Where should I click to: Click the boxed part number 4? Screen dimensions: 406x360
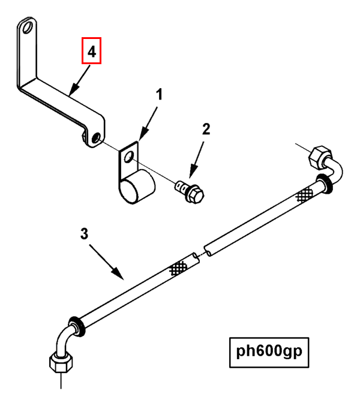click(91, 51)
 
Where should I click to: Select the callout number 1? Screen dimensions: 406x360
click(159, 94)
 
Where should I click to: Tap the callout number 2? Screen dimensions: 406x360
click(206, 129)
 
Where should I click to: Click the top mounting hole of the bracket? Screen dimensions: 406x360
click(26, 29)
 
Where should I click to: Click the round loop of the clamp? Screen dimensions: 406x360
click(137, 187)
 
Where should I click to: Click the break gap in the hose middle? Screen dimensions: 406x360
click(200, 252)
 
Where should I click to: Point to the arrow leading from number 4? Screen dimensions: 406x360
click(79, 80)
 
